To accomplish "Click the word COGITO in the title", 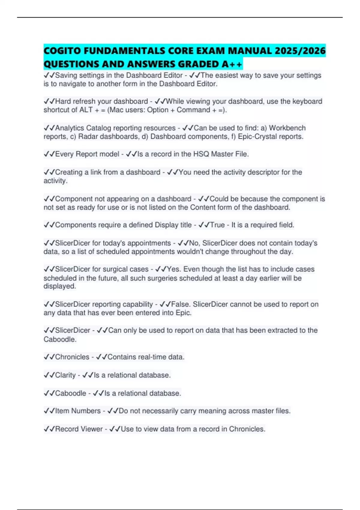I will tap(62, 51).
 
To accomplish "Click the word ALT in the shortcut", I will tap(86, 110).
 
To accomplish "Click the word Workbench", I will tap(287, 128).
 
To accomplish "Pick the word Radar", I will tap(88, 136).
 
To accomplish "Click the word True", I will tap(217, 225).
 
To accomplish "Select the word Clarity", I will tap(65, 375).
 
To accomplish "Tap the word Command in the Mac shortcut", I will tap(193, 110).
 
